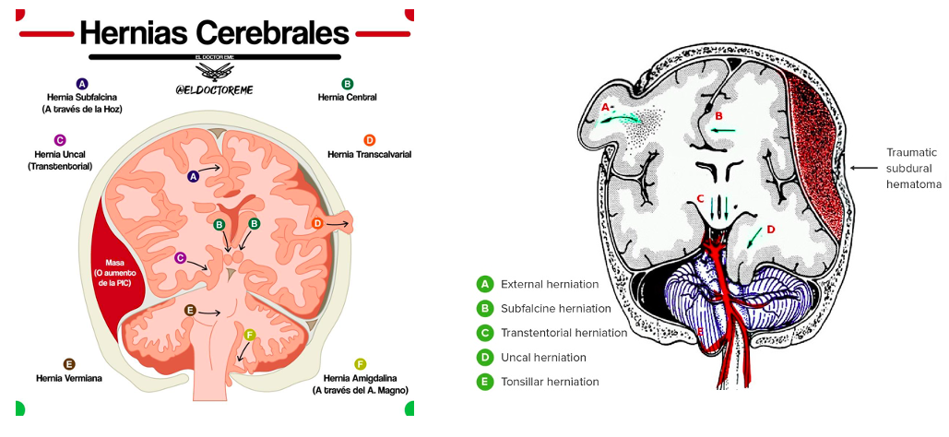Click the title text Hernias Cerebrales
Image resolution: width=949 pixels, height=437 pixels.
pyautogui.click(x=214, y=34)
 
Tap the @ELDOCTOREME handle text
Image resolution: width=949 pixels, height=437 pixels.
pyautogui.click(x=214, y=89)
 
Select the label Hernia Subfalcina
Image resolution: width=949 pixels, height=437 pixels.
pyautogui.click(x=82, y=97)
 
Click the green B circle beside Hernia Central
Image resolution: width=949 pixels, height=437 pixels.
pyautogui.click(x=348, y=83)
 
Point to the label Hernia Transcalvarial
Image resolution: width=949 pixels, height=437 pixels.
pyautogui.click(x=369, y=154)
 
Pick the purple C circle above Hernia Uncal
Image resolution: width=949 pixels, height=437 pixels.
pyautogui.click(x=60, y=140)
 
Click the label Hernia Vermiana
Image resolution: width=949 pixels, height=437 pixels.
pyautogui.click(x=69, y=377)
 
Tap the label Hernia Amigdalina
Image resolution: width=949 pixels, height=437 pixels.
pyautogui.click(x=360, y=377)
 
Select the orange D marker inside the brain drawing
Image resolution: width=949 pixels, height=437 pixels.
pyautogui.click(x=317, y=223)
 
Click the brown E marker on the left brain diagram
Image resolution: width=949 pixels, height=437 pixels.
pyautogui.click(x=190, y=311)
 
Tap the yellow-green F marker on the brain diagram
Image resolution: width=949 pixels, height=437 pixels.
pyautogui.click(x=250, y=334)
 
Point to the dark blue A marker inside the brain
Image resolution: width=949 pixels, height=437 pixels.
pyautogui.click(x=193, y=175)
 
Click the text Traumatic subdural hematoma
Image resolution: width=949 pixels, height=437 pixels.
pyautogui.click(x=911, y=168)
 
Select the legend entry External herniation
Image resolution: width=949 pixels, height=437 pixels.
pyautogui.click(x=549, y=284)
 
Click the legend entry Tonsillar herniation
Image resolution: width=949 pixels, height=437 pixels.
pyautogui.click(x=550, y=382)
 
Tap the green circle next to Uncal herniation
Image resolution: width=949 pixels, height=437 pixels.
pyautogui.click(x=484, y=357)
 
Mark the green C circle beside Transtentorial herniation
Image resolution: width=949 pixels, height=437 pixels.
pyautogui.click(x=484, y=333)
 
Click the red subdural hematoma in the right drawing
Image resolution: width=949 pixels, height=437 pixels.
pyautogui.click(x=813, y=148)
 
